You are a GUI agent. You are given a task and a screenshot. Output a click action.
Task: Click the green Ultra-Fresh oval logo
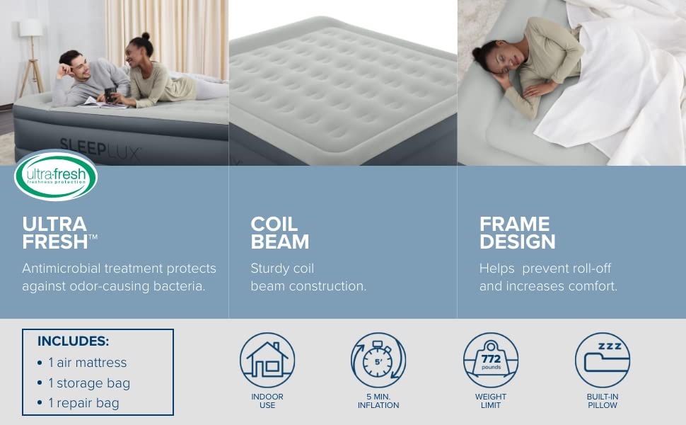coord(55,175)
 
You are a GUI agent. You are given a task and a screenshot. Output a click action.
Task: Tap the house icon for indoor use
coord(267,360)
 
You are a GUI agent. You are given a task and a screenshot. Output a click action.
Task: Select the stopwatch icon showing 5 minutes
coord(378,360)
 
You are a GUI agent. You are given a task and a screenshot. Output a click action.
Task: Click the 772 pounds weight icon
coord(490,360)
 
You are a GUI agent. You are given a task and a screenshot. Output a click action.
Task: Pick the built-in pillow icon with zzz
coord(602,360)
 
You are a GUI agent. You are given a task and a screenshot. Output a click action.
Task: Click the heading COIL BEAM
coord(280,233)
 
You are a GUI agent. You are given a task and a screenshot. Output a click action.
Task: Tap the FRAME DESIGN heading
coord(517,233)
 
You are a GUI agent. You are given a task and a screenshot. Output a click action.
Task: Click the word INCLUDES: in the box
coord(73,341)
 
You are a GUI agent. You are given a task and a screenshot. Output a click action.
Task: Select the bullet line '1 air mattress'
coord(87,362)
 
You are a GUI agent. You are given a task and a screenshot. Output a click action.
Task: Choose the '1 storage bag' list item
coord(89,382)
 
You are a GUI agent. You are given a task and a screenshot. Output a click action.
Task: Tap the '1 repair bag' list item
coord(83,403)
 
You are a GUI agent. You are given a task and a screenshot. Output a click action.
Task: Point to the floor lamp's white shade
coord(30,28)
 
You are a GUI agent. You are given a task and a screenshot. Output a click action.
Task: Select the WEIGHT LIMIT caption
coord(490,401)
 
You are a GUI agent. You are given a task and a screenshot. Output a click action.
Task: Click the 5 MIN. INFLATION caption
coord(378,401)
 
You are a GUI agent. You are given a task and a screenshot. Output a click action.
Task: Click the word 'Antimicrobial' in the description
coord(62,268)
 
